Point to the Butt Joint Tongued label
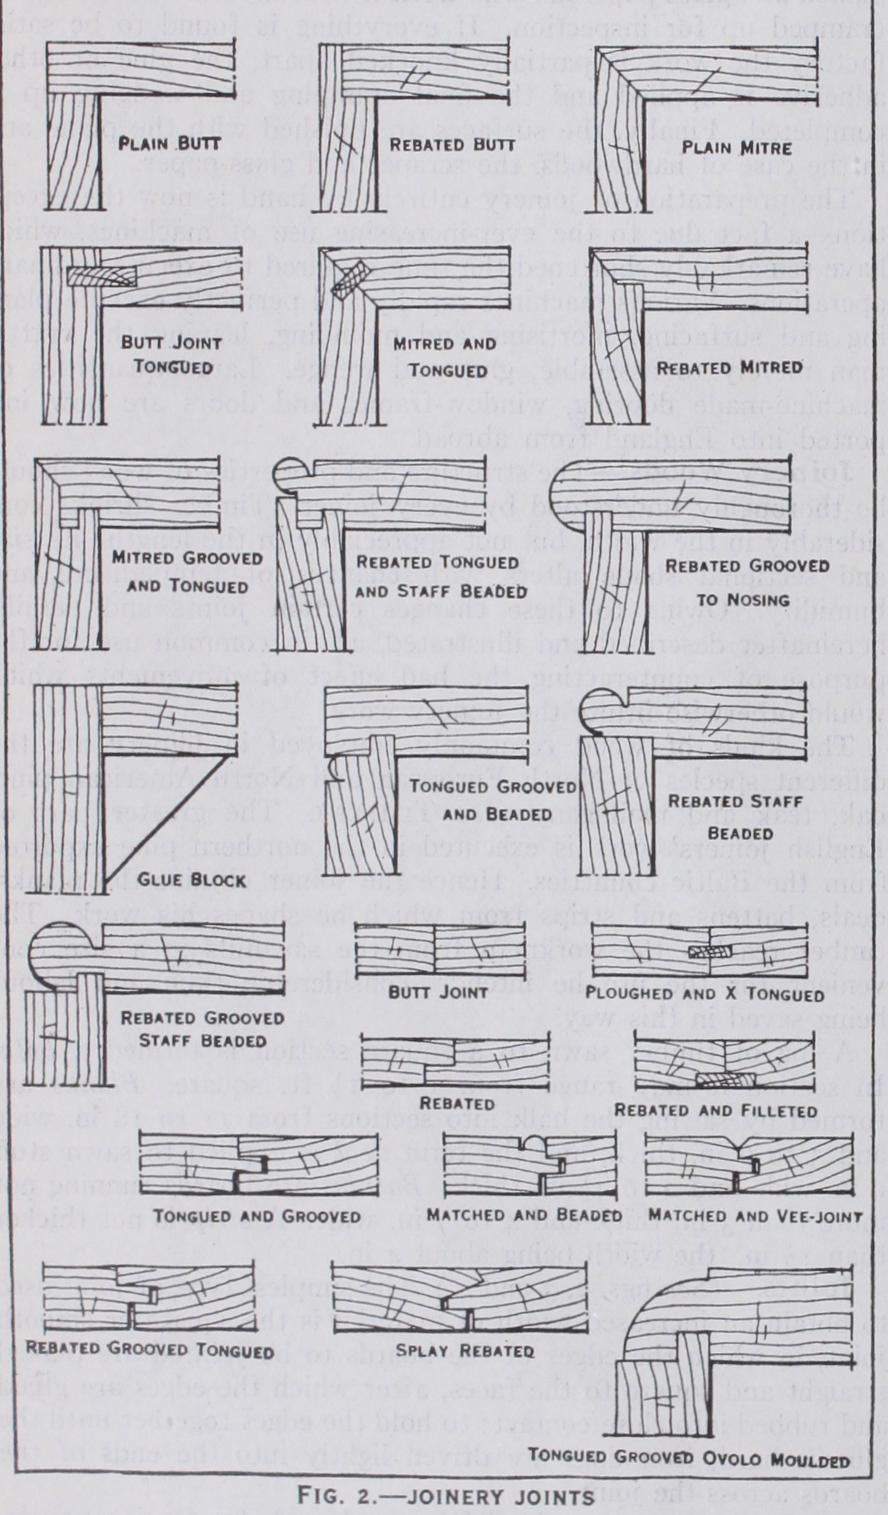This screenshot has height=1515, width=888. pyautogui.click(x=166, y=355)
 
